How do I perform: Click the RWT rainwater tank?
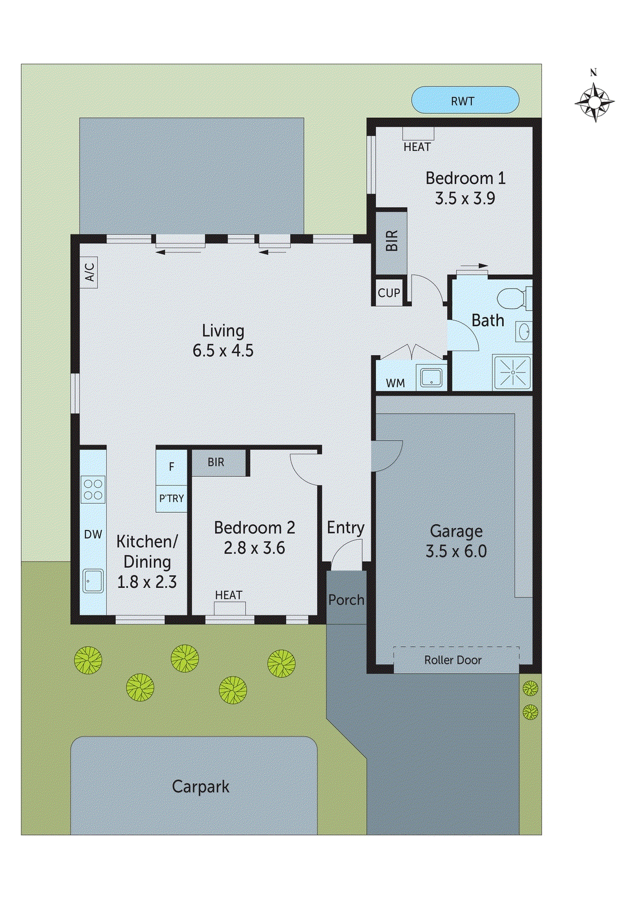(x=464, y=101)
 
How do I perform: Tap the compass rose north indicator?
(x=594, y=102)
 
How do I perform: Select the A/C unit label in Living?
(x=89, y=273)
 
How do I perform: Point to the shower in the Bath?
(x=512, y=372)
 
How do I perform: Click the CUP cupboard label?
(x=389, y=293)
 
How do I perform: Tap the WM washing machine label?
(x=395, y=383)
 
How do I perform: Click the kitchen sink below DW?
(x=93, y=581)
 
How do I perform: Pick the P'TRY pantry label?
(x=172, y=498)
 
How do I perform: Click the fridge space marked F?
(x=172, y=466)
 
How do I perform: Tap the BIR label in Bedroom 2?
(x=216, y=462)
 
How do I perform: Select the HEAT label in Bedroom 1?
(x=417, y=147)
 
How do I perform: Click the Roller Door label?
(x=453, y=660)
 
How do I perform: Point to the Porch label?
(x=346, y=600)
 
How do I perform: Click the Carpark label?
(x=201, y=787)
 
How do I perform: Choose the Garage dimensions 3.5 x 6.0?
(x=456, y=551)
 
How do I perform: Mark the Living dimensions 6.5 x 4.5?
(x=223, y=351)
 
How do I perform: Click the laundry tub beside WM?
(x=431, y=376)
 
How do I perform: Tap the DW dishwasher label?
(x=93, y=534)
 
